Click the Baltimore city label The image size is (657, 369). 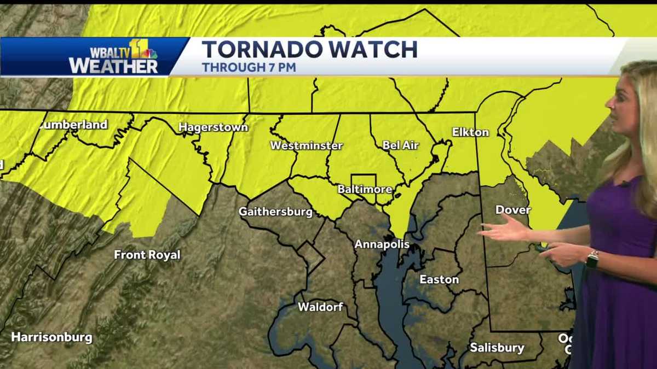click(x=365, y=190)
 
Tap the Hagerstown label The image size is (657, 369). click(x=213, y=128)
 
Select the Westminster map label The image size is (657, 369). click(x=306, y=146)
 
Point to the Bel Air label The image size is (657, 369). click(x=400, y=145)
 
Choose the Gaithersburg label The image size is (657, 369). click(x=275, y=212)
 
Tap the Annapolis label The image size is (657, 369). click(x=382, y=244)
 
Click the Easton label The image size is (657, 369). click(x=439, y=280)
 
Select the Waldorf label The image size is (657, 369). click(x=320, y=307)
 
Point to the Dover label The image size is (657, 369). click(x=513, y=210)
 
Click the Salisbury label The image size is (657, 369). click(x=497, y=348)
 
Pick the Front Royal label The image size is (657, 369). click(x=147, y=255)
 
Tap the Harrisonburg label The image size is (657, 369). click(x=51, y=337)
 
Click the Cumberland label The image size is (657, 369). click(x=73, y=125)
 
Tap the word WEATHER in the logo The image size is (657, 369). click(x=113, y=66)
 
